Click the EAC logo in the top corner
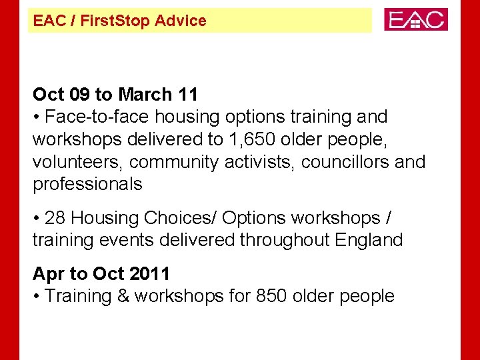click(x=416, y=19)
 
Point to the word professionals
click(x=87, y=185)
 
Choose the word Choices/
click(x=181, y=218)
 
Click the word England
click(x=369, y=240)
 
